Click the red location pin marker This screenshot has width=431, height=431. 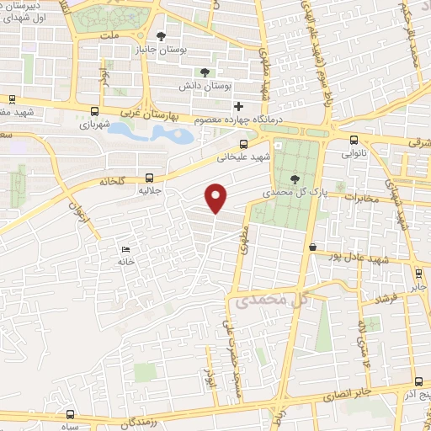[x=217, y=197]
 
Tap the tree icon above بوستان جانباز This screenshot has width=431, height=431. [x=162, y=35]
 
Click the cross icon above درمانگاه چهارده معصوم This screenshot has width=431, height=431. [x=239, y=106]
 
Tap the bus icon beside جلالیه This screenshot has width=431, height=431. [x=149, y=178]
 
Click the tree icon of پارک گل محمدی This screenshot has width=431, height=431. [x=295, y=178]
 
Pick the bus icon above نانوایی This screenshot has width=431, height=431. [x=354, y=140]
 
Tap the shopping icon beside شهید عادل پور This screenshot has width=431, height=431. [x=313, y=247]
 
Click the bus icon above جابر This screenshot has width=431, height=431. [x=418, y=274]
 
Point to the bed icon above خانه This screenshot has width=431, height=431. [x=126, y=250]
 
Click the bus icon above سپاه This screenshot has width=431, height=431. [x=70, y=414]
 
